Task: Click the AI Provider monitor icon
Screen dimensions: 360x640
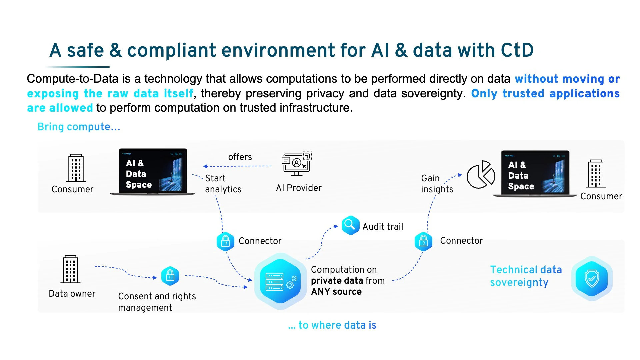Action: pos(296,164)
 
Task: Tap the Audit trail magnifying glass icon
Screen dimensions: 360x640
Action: pos(350,225)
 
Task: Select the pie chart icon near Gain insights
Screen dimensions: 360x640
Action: pos(481,175)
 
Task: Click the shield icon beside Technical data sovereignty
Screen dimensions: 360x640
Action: pos(592,279)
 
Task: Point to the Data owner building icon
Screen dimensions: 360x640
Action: pos(71,269)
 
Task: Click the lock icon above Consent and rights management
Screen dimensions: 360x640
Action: pos(170,276)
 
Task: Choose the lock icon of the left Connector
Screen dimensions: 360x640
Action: pos(225,241)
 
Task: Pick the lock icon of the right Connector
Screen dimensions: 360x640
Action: pos(423,241)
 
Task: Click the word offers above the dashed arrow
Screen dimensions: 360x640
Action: pos(240,157)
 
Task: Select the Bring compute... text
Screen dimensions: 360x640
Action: pos(79,127)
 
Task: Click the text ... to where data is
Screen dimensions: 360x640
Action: pos(332,325)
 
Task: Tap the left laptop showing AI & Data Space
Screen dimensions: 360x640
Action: pos(153,172)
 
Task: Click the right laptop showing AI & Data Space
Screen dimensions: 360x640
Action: pos(535,174)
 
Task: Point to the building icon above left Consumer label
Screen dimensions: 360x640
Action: pos(76,168)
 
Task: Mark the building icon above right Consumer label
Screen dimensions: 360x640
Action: pos(596,174)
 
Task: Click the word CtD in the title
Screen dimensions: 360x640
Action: pos(517,50)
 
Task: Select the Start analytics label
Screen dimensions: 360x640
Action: pos(223,184)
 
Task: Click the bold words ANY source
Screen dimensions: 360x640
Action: pos(336,292)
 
